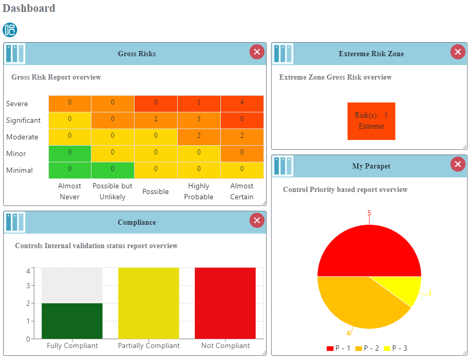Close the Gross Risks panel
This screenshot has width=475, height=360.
pos(257,52)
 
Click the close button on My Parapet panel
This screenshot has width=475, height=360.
pos(457,164)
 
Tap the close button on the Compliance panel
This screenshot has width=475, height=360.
pos(257,221)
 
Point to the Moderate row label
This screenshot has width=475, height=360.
pos(22,137)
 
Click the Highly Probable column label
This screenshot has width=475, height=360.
pos(199,191)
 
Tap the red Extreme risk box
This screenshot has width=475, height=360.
pos(371,121)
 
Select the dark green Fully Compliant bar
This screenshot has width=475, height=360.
pos(72,320)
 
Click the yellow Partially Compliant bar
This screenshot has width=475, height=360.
pos(149,303)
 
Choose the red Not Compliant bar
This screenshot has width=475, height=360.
pos(225,303)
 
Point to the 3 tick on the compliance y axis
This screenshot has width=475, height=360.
pos(28,286)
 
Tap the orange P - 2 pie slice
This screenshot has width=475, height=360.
pos(359,302)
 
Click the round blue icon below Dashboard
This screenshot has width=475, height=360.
pos(10,30)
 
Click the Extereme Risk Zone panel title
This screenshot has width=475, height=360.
pos(371,54)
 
